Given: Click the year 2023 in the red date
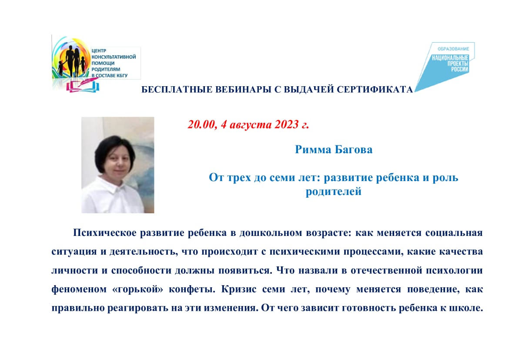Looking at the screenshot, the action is point(286,124).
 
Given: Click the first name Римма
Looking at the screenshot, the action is point(313,149).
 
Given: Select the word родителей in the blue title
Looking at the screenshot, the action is point(333,192).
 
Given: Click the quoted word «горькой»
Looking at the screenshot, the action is point(137,289).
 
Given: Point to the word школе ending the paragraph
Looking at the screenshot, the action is point(466,308).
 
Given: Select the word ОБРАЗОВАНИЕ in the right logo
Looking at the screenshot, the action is point(453,49).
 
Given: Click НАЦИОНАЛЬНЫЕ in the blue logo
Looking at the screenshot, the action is point(450,58).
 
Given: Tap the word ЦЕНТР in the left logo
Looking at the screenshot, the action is point(99,50).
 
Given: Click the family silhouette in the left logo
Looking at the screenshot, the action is point(72,61).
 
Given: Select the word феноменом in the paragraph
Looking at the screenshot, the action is point(79,289).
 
